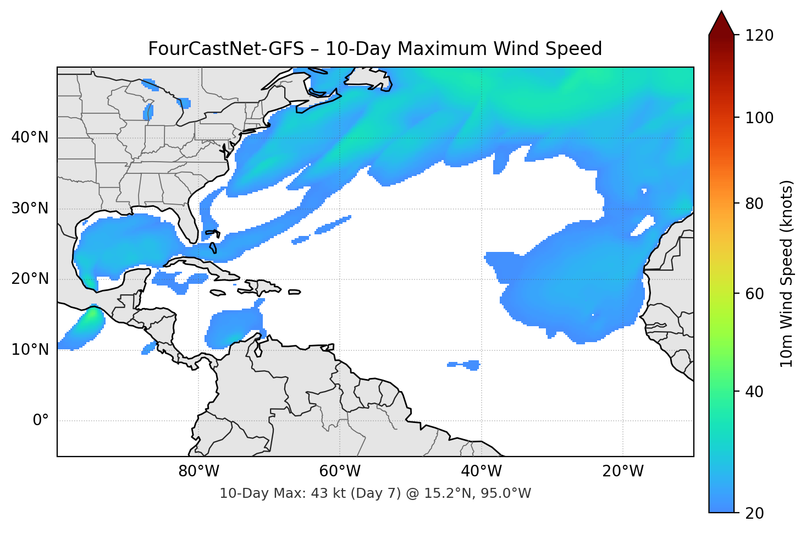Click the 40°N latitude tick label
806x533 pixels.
click(30, 138)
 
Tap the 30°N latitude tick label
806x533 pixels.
click(30, 208)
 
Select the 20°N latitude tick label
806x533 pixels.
click(30, 279)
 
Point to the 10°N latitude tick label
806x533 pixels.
click(30, 350)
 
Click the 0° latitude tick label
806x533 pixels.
click(41, 421)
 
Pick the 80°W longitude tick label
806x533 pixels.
click(199, 471)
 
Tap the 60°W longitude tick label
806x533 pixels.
click(340, 471)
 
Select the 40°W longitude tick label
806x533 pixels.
click(482, 471)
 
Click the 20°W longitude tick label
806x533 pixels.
click(623, 471)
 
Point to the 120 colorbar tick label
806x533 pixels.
click(759, 36)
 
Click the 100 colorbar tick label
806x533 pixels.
click(759, 118)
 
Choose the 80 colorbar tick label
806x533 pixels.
click(754, 204)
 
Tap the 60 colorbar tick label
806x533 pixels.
click(754, 294)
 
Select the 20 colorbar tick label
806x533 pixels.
click(754, 513)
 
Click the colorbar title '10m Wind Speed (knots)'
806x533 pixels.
click(787, 274)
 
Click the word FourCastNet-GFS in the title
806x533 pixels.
click(226, 49)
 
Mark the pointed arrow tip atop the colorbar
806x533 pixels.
click(721, 13)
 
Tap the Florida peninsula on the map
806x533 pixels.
click(190, 223)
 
